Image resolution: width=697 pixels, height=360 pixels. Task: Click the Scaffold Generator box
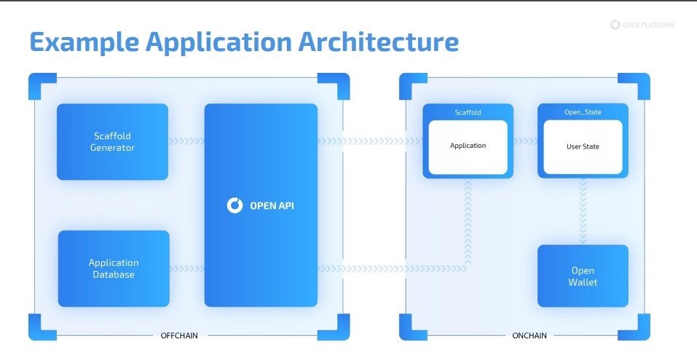click(113, 141)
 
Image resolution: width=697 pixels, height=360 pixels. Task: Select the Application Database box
click(114, 268)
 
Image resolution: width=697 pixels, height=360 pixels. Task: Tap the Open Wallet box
click(583, 275)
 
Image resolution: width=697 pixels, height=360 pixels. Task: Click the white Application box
click(468, 146)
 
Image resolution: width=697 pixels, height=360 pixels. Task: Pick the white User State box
click(583, 146)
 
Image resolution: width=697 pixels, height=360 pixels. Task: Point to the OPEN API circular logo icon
click(235, 206)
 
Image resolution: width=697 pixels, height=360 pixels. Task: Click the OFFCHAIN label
click(178, 336)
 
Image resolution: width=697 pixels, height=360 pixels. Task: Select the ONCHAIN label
click(525, 336)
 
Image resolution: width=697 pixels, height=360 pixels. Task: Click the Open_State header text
click(582, 113)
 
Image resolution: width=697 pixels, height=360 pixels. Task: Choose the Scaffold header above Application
click(468, 113)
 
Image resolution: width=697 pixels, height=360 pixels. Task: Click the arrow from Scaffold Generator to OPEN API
click(186, 141)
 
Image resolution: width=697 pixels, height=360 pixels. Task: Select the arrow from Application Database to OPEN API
click(186, 268)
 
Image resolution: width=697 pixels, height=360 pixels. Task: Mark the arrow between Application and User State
click(525, 141)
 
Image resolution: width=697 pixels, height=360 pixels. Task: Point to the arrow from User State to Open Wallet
click(583, 211)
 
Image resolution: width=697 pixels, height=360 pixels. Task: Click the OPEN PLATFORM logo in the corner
click(642, 25)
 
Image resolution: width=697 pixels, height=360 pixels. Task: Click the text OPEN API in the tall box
click(271, 206)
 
